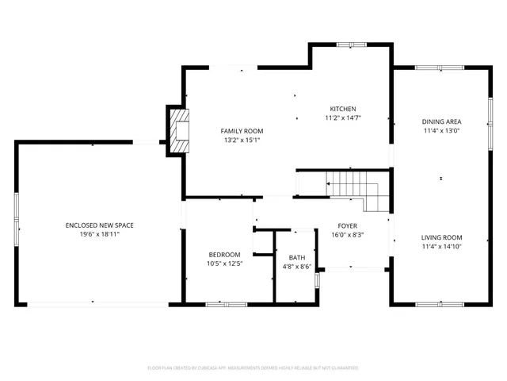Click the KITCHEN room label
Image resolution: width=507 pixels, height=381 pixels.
click(343, 109)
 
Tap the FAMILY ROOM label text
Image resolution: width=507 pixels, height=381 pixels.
click(242, 131)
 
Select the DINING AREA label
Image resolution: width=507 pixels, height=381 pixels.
click(441, 121)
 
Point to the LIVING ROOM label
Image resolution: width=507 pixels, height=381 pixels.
click(441, 237)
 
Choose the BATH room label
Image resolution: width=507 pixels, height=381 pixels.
click(297, 257)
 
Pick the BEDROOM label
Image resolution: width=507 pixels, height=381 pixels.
click(224, 254)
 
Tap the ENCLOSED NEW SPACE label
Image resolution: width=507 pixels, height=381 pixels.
click(99, 225)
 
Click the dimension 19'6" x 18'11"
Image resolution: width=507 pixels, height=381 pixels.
click(99, 235)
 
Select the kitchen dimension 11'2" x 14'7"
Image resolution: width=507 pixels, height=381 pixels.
click(343, 118)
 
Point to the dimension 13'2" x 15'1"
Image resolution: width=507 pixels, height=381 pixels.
click(242, 140)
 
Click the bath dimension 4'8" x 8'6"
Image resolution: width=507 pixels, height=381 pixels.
click(297, 267)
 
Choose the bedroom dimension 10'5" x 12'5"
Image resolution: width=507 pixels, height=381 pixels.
click(224, 264)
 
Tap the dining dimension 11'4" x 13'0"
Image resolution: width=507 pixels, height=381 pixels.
click(441, 131)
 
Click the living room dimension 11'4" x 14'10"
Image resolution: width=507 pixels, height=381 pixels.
click(441, 247)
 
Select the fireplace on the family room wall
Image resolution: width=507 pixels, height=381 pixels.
click(180, 129)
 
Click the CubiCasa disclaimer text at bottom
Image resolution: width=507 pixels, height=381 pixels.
click(253, 368)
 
